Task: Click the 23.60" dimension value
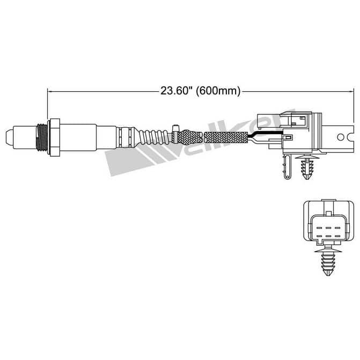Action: (175, 91)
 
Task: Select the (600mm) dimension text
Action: (218, 91)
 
